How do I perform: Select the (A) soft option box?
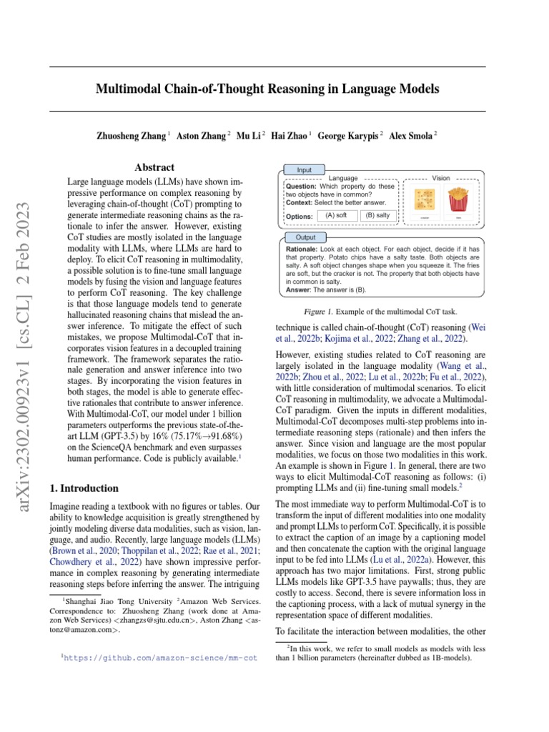click(x=335, y=214)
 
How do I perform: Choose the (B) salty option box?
click(x=377, y=214)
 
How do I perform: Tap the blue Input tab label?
click(x=305, y=170)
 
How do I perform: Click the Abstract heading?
click(x=154, y=167)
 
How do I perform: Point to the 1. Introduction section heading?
click(x=84, y=488)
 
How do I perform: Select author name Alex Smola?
click(x=411, y=135)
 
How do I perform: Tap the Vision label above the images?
click(x=441, y=177)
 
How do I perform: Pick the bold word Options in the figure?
click(x=299, y=216)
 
